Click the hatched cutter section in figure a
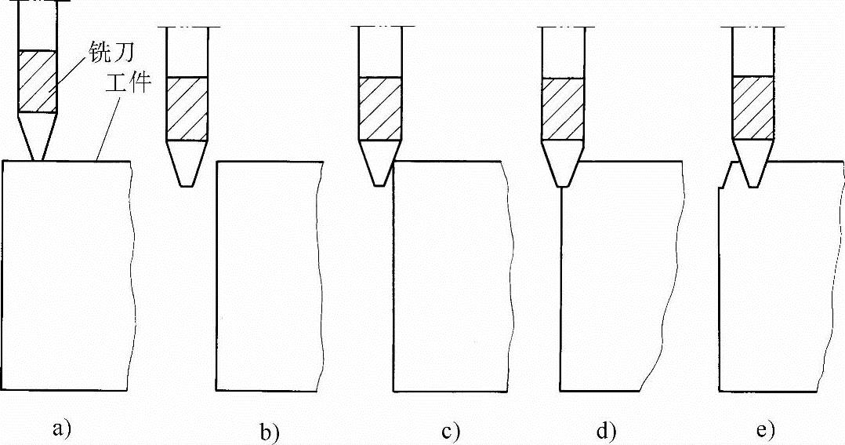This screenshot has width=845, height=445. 38,82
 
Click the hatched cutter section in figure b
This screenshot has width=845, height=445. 186,108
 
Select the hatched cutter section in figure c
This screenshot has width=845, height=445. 380,108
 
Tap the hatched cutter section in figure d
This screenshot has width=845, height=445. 562,108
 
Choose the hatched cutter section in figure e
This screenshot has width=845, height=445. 753,107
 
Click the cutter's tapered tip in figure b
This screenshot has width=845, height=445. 186,163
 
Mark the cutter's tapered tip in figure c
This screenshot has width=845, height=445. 380,163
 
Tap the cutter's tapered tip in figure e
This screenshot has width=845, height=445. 753,163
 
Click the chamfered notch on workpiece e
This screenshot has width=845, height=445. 727,177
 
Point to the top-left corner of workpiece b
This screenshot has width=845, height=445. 216,162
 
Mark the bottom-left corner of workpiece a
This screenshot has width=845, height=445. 3,390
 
